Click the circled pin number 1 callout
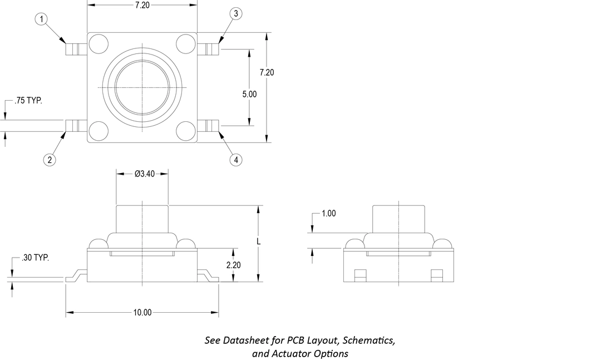click(42, 19)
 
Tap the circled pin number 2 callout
click(50, 160)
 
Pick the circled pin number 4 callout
click(235, 160)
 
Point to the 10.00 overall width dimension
click(142, 313)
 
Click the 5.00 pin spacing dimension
click(249, 95)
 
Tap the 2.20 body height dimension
click(233, 265)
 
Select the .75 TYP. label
click(28, 101)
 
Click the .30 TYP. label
click(35, 258)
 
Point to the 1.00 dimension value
click(329, 214)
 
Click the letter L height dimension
click(259, 242)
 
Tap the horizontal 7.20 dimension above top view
click(142, 4)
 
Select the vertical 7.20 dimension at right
click(267, 72)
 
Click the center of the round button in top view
click(142, 87)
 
